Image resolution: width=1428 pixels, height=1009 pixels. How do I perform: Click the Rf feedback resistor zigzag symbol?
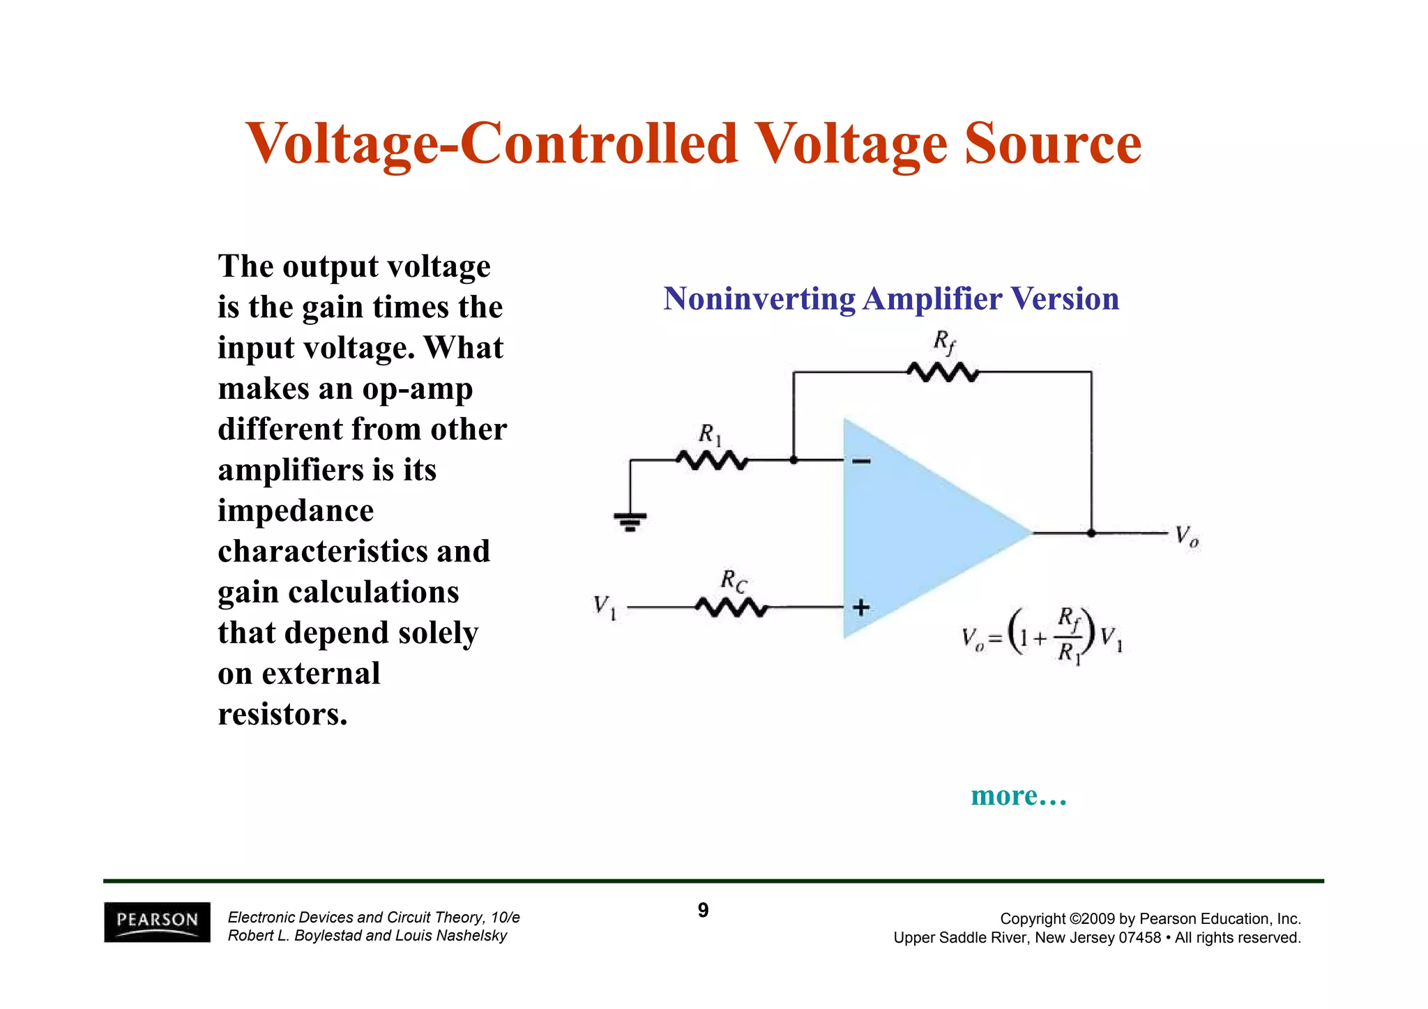(x=943, y=372)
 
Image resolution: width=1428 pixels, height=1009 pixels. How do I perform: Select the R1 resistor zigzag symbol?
(x=712, y=460)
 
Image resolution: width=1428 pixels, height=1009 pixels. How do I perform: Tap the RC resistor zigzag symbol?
(x=731, y=608)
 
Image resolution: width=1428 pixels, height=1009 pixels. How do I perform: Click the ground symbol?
(x=630, y=520)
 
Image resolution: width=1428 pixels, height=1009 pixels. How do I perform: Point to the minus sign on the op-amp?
(x=862, y=461)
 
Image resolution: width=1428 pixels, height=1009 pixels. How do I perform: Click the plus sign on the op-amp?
(x=861, y=607)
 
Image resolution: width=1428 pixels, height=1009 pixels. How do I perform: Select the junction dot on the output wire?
(x=1091, y=533)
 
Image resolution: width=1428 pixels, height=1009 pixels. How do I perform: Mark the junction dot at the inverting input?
(x=793, y=460)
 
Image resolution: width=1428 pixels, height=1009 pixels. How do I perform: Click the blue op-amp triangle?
(x=920, y=530)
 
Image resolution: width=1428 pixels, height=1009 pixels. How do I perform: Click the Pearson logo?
(x=157, y=922)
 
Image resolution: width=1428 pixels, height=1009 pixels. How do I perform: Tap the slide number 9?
(x=703, y=910)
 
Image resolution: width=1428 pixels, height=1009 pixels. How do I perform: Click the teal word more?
(x=1004, y=796)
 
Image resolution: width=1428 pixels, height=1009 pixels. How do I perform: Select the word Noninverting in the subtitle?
(x=759, y=299)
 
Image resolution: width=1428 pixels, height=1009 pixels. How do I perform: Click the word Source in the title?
(x=1053, y=144)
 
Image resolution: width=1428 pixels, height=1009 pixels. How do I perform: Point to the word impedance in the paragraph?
(x=296, y=511)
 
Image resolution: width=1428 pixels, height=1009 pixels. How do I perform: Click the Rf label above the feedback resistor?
(x=944, y=342)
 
